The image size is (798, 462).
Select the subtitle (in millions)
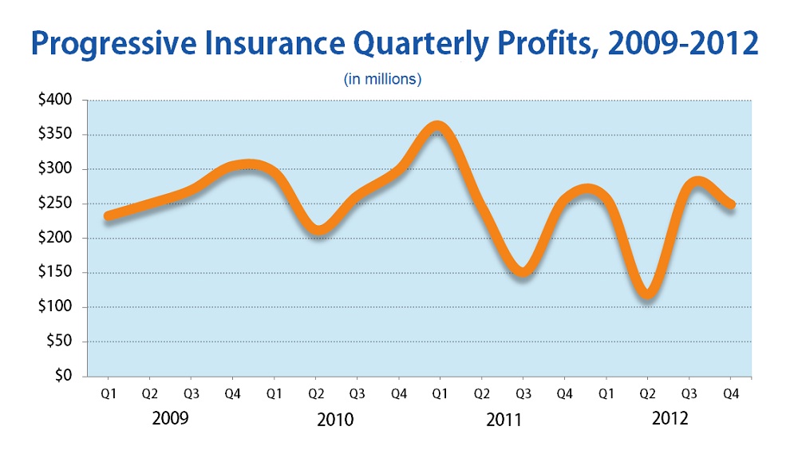pyautogui.click(x=382, y=80)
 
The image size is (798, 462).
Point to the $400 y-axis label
pyautogui.click(x=55, y=101)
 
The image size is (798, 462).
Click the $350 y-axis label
pyautogui.click(x=55, y=135)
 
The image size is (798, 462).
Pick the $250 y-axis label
pyautogui.click(x=55, y=203)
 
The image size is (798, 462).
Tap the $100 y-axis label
pyautogui.click(x=55, y=307)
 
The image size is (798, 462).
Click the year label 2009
pyautogui.click(x=171, y=419)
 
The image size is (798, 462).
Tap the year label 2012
pyautogui.click(x=670, y=419)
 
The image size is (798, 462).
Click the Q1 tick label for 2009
pyautogui.click(x=109, y=395)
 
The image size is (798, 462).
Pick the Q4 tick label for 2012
pyautogui.click(x=730, y=395)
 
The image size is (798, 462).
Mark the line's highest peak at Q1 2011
pyautogui.click(x=437, y=128)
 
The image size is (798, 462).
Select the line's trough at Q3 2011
pyautogui.click(x=521, y=271)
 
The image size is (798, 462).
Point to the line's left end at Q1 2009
pyautogui.click(x=109, y=215)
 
